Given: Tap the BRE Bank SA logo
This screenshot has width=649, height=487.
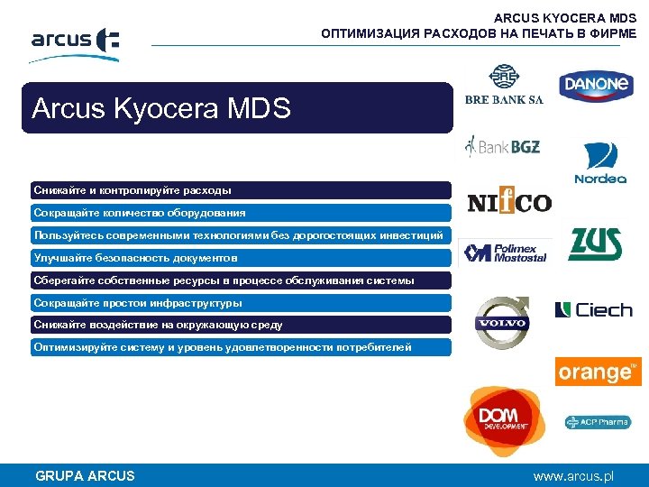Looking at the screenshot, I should click(x=504, y=86).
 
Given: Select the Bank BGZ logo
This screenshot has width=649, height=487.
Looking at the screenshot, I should click(x=502, y=145).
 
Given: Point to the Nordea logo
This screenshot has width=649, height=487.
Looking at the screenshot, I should click(x=600, y=162).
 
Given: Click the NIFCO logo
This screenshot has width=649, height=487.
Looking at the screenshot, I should click(x=509, y=202).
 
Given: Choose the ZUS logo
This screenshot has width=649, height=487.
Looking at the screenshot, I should click(x=595, y=243).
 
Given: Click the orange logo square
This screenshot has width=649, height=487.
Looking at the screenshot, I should click(x=598, y=372).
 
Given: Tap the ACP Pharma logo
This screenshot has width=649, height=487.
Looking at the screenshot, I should click(x=597, y=421).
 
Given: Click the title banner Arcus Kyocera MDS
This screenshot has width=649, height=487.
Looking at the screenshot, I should click(x=237, y=108).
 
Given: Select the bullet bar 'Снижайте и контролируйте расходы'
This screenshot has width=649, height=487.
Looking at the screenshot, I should click(x=241, y=190).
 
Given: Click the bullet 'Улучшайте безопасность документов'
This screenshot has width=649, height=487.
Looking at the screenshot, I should click(x=241, y=258).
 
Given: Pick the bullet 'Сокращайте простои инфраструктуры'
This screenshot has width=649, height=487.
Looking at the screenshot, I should click(x=241, y=303).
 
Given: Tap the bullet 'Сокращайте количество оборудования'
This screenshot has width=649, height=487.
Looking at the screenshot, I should click(x=241, y=213).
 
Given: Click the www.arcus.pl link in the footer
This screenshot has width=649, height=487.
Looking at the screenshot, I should click(x=573, y=475).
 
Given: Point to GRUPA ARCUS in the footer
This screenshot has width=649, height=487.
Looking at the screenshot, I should click(x=85, y=475).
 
